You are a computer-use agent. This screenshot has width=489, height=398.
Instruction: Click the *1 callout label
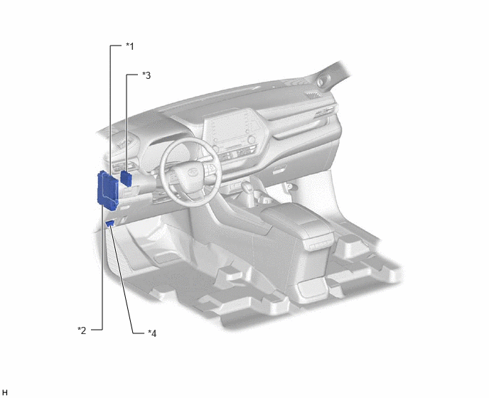130,46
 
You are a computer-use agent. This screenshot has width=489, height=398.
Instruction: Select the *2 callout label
82,330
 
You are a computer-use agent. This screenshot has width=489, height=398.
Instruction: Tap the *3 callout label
146,75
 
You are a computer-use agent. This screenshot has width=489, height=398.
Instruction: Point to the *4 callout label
152,333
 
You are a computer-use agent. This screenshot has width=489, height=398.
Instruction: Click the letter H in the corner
5,393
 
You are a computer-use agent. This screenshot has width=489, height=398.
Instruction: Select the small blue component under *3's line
127,178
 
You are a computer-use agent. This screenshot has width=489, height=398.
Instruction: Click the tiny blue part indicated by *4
110,222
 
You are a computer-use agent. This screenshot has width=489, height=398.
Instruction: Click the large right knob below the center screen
252,139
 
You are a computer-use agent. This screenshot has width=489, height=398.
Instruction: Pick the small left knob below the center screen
216,148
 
